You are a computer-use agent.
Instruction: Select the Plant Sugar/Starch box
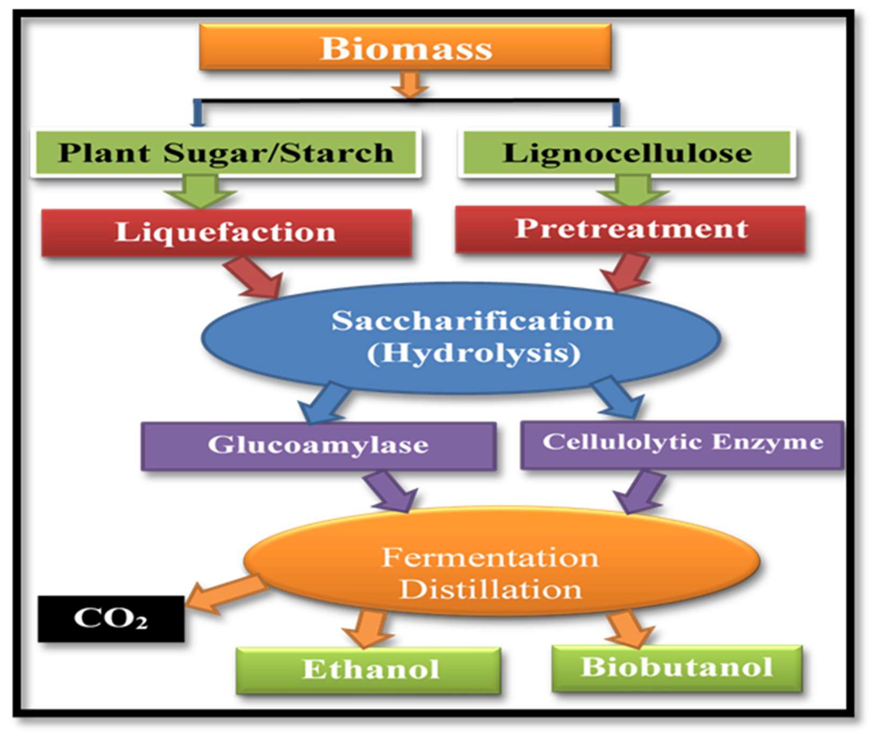coord(225,153)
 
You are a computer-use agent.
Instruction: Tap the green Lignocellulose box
coord(627,153)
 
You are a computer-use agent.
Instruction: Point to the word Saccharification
coord(472,321)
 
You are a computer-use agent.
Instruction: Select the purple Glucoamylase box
coord(318,445)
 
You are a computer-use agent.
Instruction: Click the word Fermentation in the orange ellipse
coord(490,557)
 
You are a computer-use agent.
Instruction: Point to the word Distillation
coord(490,589)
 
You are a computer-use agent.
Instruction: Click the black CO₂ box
coord(111,618)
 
